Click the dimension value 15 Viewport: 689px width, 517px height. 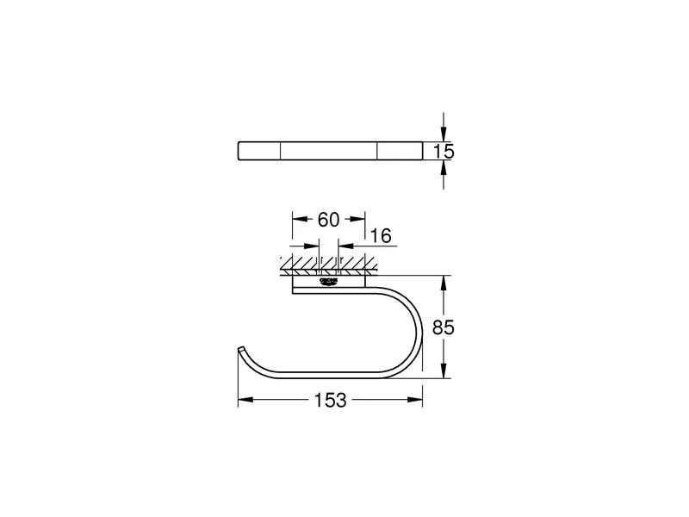444,152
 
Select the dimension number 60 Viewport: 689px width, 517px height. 329,220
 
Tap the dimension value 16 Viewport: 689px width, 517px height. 380,235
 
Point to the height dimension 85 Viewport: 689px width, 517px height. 444,328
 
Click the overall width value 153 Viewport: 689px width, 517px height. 329,401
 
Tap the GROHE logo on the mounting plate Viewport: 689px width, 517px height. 329,281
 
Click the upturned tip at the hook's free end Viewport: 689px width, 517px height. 239,350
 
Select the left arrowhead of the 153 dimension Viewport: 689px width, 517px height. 244,400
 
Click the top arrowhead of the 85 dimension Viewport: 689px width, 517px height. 444,282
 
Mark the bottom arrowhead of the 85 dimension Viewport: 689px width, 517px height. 444,373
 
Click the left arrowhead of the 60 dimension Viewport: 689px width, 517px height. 298,219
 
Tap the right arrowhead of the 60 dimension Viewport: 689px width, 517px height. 360,219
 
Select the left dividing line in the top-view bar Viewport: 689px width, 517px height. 282,152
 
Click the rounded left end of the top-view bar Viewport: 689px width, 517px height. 239,152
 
